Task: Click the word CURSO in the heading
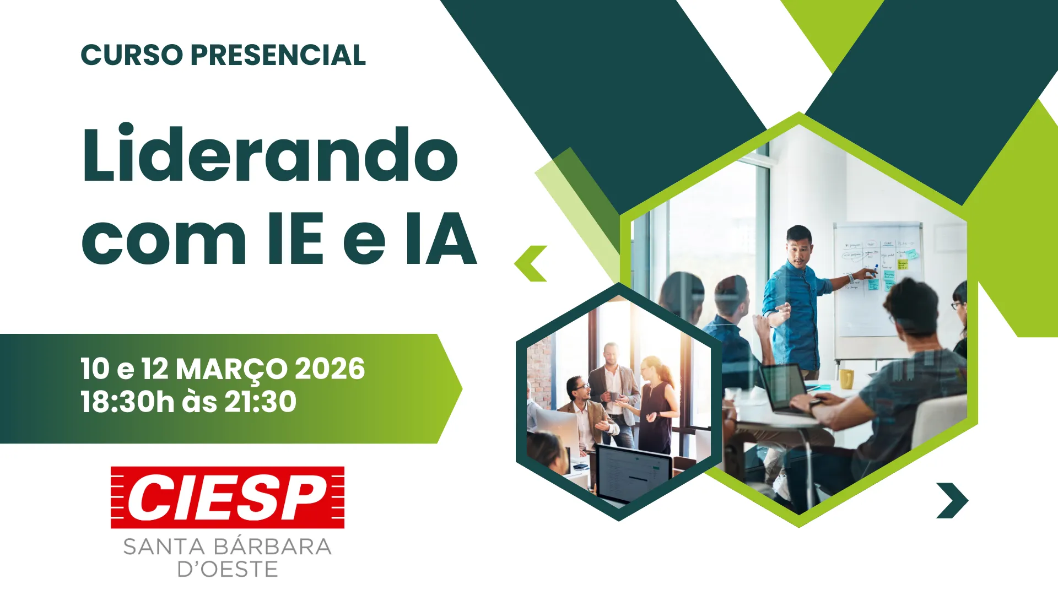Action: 132,55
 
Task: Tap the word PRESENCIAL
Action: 278,55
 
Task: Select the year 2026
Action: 330,369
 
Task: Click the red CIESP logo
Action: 228,497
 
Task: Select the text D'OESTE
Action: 228,569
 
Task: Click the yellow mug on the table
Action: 846,379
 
